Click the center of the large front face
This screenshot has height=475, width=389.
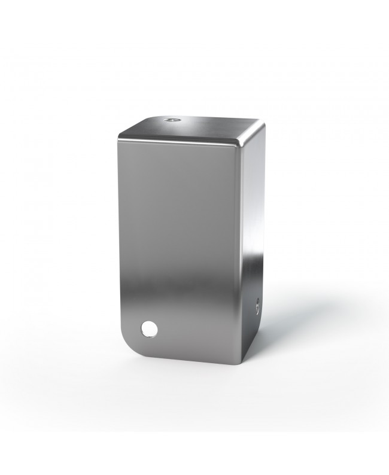coord(180,245)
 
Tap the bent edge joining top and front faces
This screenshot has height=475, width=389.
coord(180,141)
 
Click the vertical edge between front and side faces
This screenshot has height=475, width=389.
coord(243,251)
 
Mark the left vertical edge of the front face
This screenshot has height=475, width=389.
coord(119,239)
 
